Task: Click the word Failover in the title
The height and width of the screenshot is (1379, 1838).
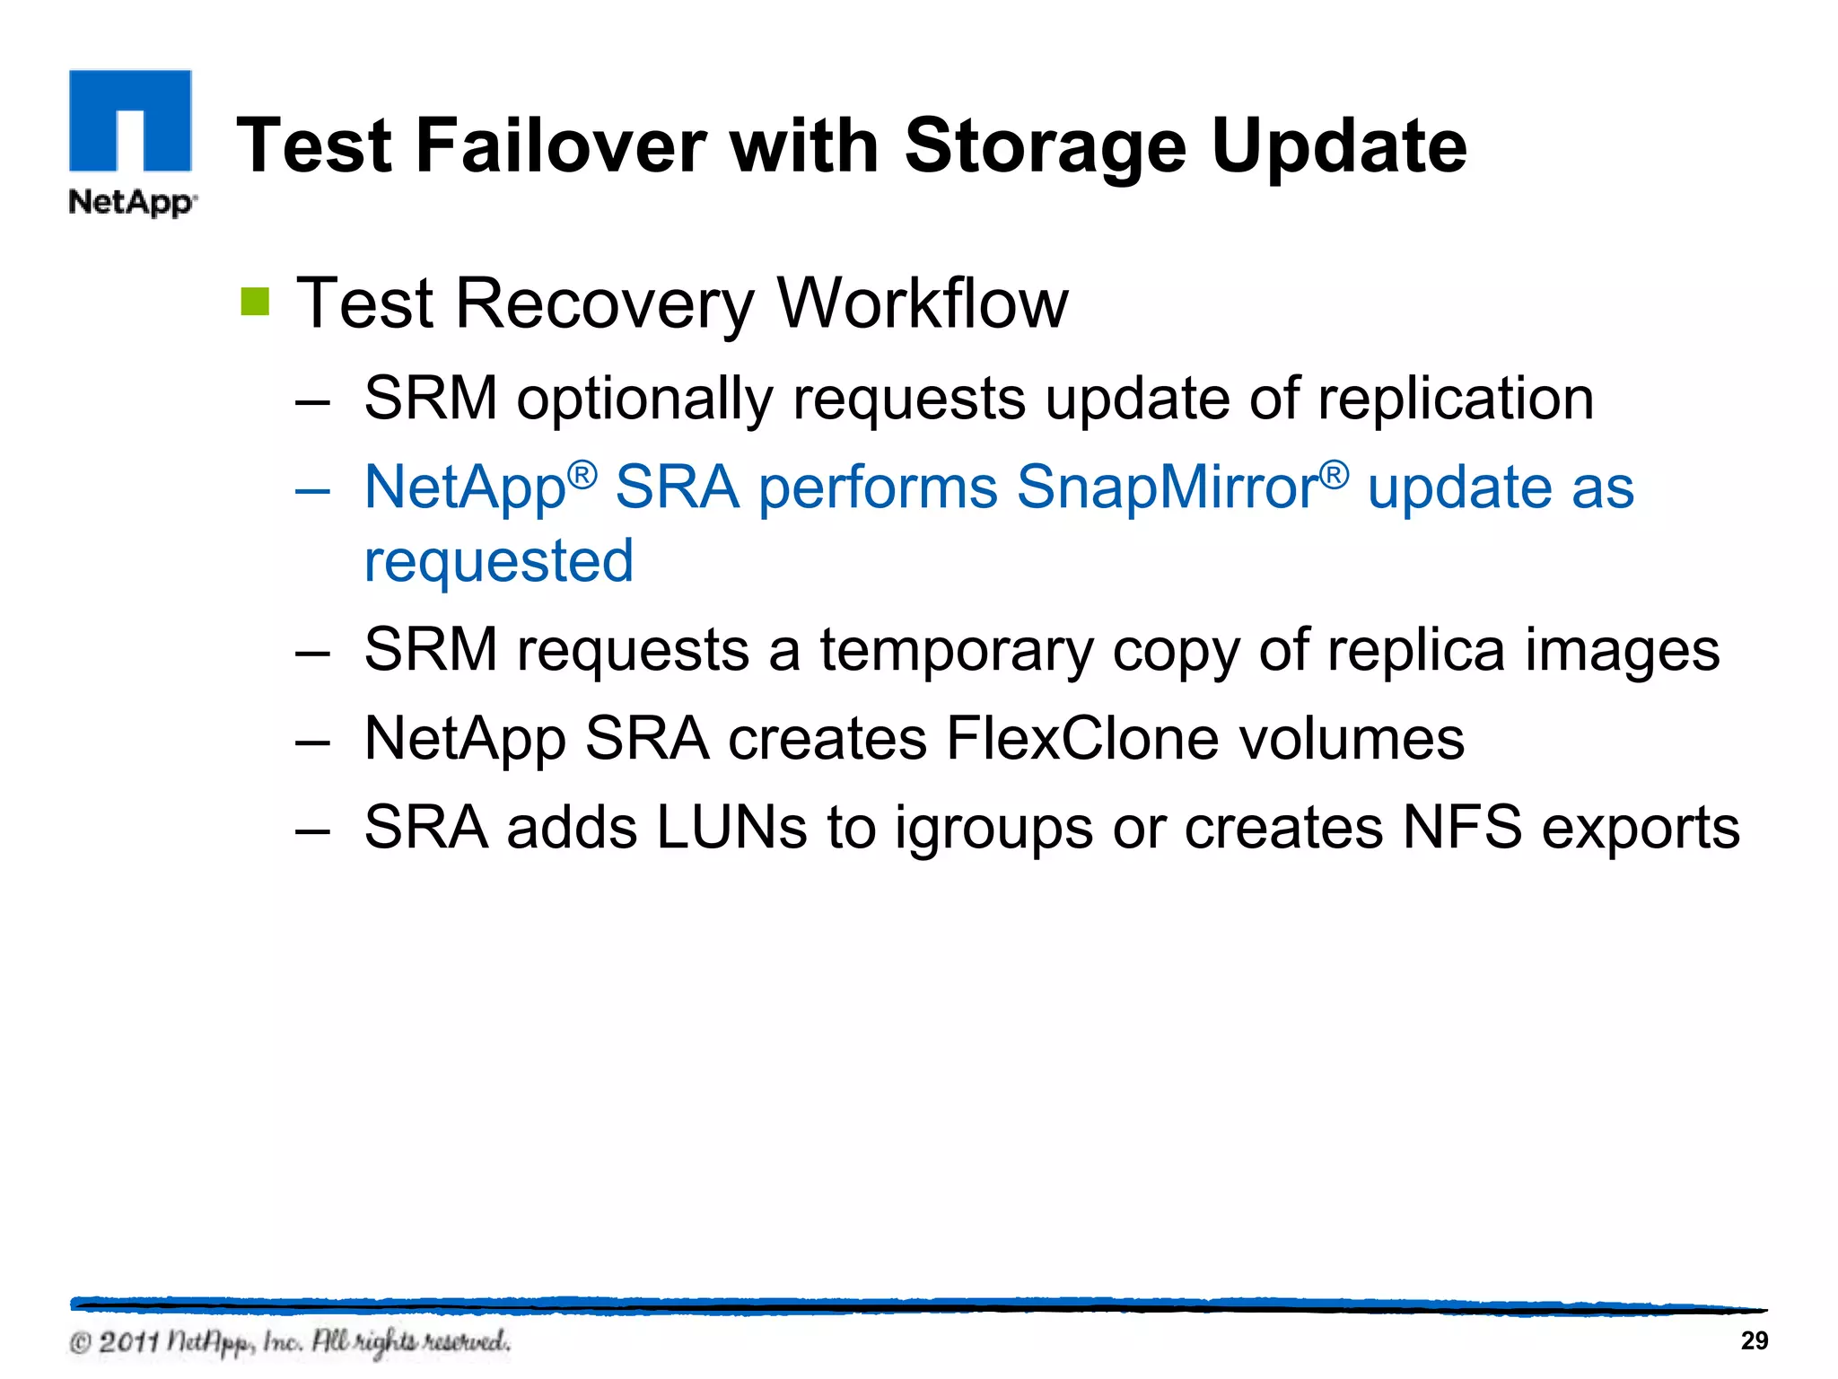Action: (562, 146)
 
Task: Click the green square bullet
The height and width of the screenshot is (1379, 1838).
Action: (255, 302)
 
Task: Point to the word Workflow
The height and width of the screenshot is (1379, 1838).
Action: (923, 303)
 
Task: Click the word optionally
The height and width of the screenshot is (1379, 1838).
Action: (644, 400)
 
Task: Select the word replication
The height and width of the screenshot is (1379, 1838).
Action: (1455, 398)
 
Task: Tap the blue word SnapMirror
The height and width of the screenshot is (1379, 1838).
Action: (1167, 487)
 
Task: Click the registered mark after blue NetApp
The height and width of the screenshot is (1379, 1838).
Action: (582, 473)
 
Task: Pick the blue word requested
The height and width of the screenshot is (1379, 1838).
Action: (499, 562)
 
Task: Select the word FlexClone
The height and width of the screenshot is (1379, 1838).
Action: (1081, 739)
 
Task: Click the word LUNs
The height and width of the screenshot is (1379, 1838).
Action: (731, 827)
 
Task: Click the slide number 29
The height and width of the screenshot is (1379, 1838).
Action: (1754, 1340)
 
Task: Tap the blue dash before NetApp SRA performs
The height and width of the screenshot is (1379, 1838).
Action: (312, 490)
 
